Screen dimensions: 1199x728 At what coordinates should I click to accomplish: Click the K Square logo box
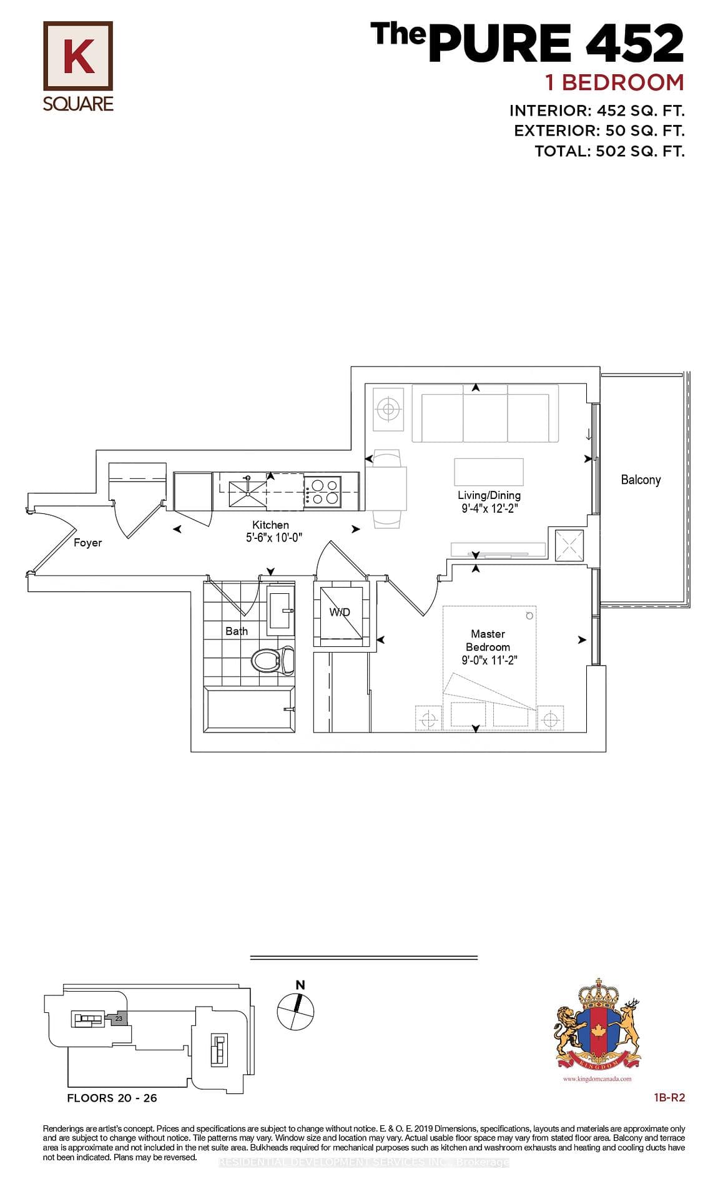[x=78, y=56]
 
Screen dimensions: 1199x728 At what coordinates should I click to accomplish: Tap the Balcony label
[x=641, y=480]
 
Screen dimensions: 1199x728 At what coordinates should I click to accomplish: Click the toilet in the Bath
[x=273, y=661]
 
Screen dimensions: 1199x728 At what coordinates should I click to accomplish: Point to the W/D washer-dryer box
[x=341, y=612]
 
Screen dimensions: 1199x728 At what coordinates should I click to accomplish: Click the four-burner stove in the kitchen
[x=323, y=491]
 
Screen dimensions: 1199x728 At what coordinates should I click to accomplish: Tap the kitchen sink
[x=247, y=490]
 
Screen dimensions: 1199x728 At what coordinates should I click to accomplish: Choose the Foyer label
[x=87, y=543]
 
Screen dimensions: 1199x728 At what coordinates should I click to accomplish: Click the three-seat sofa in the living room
[x=485, y=413]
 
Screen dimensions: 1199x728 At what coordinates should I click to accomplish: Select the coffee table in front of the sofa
[x=488, y=471]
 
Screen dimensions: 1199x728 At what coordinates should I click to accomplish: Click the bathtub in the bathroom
[x=250, y=708]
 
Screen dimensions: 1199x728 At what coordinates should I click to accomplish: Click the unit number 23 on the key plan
[x=119, y=1019]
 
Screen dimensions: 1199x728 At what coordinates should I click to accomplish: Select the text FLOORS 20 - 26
[x=112, y=1098]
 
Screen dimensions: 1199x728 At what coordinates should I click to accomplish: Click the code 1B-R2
[x=669, y=1097]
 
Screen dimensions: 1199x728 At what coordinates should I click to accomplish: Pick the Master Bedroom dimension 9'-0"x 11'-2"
[x=489, y=661]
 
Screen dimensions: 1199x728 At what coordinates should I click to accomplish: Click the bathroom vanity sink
[x=280, y=609]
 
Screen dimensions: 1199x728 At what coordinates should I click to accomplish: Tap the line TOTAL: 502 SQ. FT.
[x=609, y=151]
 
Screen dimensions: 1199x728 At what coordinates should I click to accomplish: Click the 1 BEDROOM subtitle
[x=614, y=82]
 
